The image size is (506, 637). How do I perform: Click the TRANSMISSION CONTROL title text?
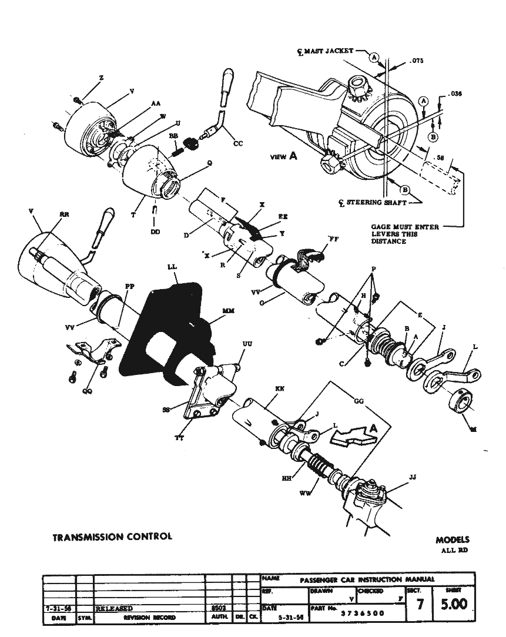click(112, 537)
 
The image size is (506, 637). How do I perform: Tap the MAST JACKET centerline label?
click(329, 51)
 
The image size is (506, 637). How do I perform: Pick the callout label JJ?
click(412, 477)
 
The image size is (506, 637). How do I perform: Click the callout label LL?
click(172, 266)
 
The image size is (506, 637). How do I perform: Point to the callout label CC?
click(237, 143)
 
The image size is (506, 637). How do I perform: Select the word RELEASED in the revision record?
click(114, 609)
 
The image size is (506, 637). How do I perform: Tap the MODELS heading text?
click(453, 539)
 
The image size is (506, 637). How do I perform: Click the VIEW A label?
click(284, 156)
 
